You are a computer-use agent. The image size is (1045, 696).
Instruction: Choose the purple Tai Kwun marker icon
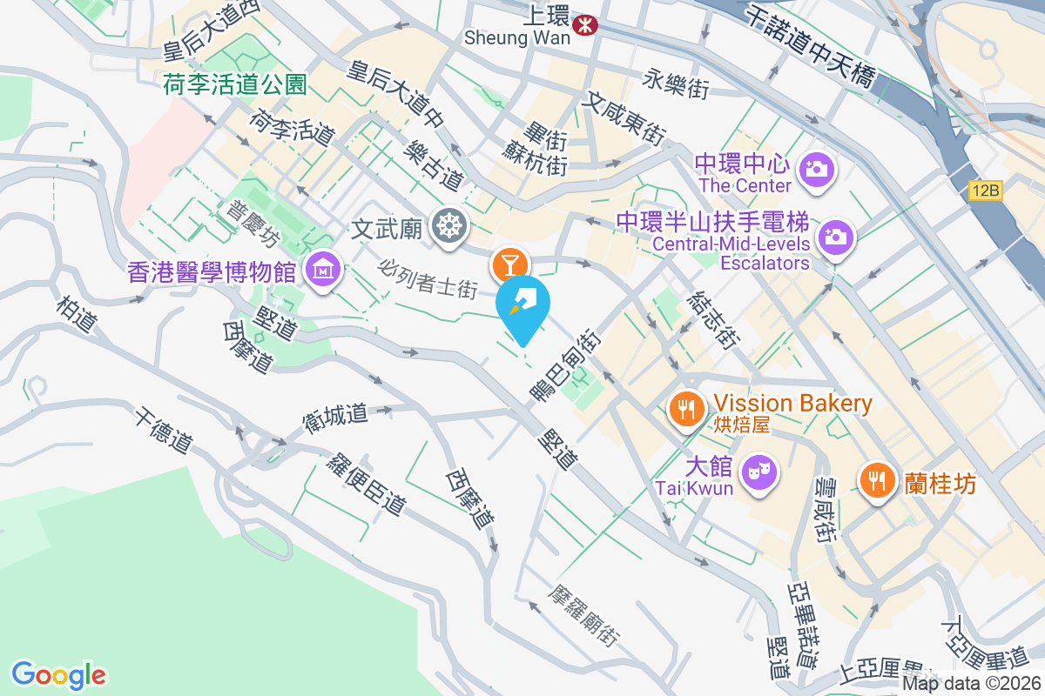point(757,473)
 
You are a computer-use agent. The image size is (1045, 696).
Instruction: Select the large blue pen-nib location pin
point(523,304)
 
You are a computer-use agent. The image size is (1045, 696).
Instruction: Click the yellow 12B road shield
point(985,189)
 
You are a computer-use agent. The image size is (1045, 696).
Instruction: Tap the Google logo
point(58,674)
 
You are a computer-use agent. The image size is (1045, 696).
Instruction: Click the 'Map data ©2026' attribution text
point(972,684)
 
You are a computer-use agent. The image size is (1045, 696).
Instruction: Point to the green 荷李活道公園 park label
point(235,84)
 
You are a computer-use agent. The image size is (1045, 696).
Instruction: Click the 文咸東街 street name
point(625,120)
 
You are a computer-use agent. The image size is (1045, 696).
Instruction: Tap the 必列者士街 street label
point(428,276)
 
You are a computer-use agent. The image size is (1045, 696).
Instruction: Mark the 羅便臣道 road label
point(366,482)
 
